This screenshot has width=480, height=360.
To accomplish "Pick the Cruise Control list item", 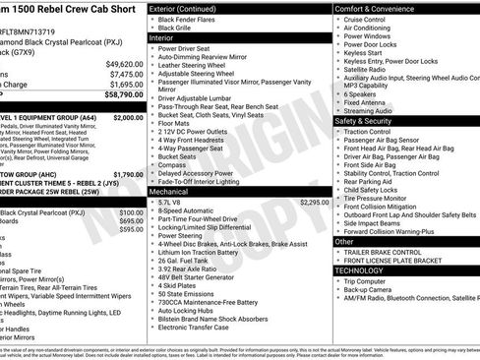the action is (364, 19).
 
